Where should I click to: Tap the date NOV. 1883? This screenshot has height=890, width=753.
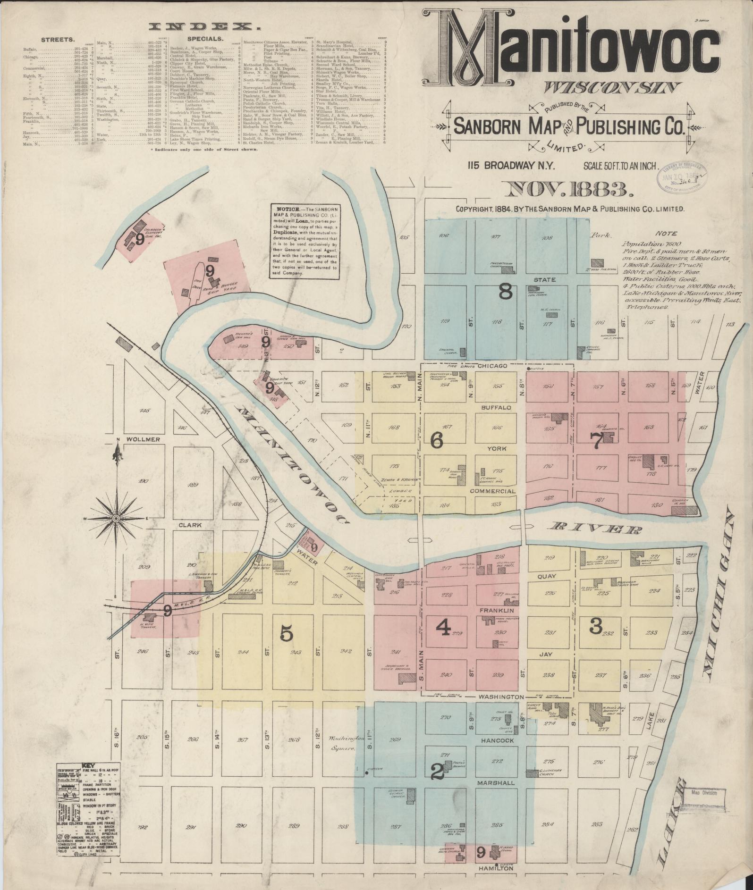tap(569, 190)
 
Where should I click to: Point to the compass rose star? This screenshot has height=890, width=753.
tap(116, 519)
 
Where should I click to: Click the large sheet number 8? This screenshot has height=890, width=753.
tap(506, 292)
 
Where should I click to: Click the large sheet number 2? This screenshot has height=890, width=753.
tap(437, 771)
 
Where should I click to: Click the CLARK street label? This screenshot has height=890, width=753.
tap(190, 525)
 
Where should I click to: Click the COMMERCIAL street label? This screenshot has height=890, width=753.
tap(492, 491)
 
